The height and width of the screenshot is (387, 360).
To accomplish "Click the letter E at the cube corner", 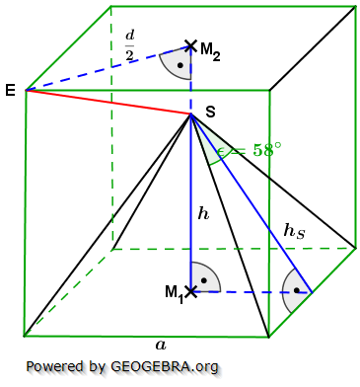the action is (10, 90).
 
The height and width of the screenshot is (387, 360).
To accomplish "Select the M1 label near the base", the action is (173, 293).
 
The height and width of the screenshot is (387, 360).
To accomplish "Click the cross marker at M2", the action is (191, 45).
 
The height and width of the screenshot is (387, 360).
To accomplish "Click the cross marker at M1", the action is (191, 292).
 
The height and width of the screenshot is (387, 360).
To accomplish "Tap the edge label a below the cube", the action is (160, 345).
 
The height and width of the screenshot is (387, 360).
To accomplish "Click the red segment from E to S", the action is (108, 103).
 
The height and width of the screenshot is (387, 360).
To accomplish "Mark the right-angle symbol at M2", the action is (177, 62).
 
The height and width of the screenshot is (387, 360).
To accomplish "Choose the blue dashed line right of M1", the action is (252, 292).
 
